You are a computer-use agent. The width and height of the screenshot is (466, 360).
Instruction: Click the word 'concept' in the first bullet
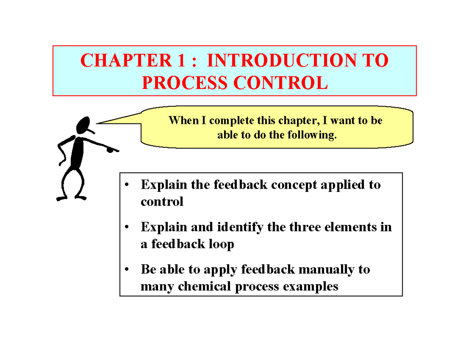[299, 185]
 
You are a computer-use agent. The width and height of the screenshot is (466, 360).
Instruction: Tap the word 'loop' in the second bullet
[221, 245]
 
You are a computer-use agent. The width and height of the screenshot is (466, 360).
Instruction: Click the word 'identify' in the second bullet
[234, 227]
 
